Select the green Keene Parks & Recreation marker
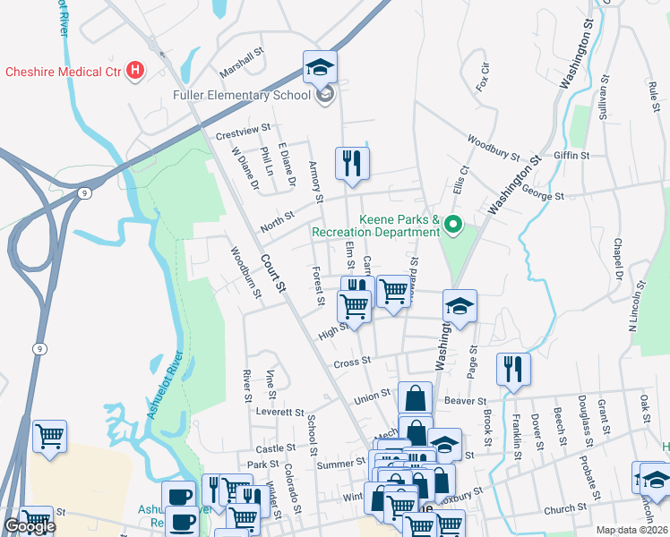[x=453, y=226]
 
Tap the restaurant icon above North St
[x=351, y=163]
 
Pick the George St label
[x=542, y=194]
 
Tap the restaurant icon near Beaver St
[x=513, y=368]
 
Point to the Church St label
[x=563, y=507]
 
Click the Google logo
[x=30, y=526]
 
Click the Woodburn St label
[x=245, y=272]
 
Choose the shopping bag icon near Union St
[x=416, y=396]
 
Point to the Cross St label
[x=352, y=362]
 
